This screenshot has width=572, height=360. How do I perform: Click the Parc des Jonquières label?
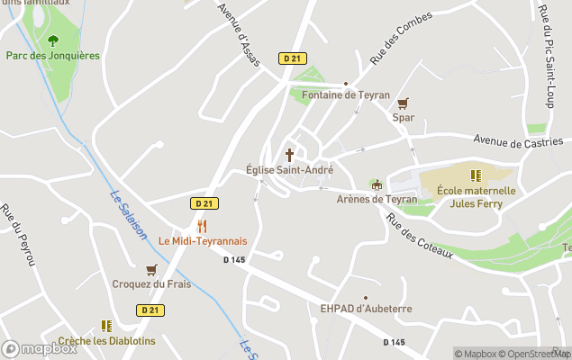click(x=52, y=56)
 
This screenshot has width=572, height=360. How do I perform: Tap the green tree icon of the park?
click(x=52, y=40)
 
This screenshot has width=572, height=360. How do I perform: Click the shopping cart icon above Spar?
click(x=403, y=103)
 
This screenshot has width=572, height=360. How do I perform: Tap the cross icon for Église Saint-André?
click(x=289, y=155)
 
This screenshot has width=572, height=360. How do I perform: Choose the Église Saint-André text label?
click(x=289, y=170)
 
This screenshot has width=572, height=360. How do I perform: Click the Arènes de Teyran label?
click(x=377, y=199)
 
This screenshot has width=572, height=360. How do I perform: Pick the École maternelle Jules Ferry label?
click(x=476, y=197)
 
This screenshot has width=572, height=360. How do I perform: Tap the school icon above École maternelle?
click(x=476, y=175)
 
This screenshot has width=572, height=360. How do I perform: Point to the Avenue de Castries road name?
click(x=522, y=142)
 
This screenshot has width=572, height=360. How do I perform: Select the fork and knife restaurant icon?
click(x=203, y=226)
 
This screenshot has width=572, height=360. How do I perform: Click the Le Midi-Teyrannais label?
click(x=203, y=241)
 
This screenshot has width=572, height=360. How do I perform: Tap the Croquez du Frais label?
click(x=151, y=284)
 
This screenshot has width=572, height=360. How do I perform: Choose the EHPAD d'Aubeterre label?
click(x=366, y=309)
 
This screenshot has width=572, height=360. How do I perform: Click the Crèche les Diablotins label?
click(x=106, y=341)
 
